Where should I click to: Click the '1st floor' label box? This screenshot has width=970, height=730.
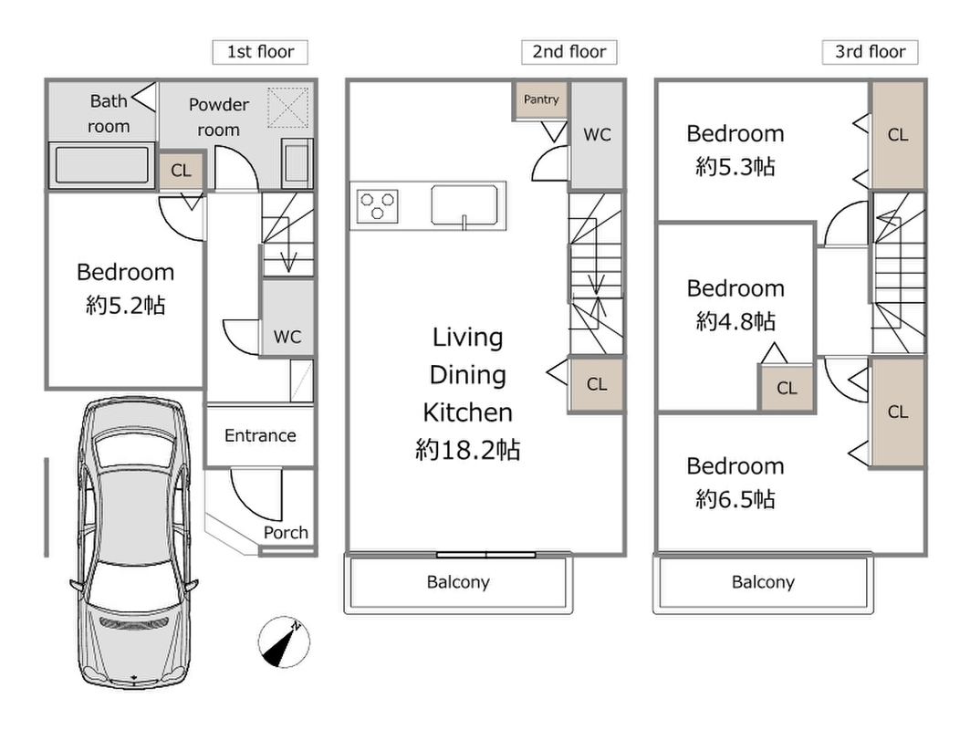260,52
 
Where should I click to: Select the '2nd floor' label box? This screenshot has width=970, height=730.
569,52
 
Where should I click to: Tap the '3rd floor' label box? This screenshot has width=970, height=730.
870,52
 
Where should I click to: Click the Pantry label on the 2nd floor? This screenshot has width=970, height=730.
541,99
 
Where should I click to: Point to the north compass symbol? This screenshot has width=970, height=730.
284,642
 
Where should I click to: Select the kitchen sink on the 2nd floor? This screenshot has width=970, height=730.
464,203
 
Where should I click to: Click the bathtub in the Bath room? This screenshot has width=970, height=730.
102,165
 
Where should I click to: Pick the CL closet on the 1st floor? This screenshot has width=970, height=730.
182,171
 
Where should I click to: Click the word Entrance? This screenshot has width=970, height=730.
260,435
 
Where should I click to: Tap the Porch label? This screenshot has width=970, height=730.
286,533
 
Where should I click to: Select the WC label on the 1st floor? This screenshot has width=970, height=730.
287,337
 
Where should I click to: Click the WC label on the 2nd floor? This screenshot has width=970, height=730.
597,134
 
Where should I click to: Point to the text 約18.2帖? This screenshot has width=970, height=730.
468,450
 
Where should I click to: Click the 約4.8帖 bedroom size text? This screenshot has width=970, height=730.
735,321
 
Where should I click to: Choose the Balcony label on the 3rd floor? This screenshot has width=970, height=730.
763,582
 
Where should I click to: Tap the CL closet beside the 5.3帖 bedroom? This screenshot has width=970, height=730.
898,135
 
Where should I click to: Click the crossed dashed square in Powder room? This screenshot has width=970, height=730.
287,108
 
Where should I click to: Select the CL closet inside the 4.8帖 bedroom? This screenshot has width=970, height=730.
787,388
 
